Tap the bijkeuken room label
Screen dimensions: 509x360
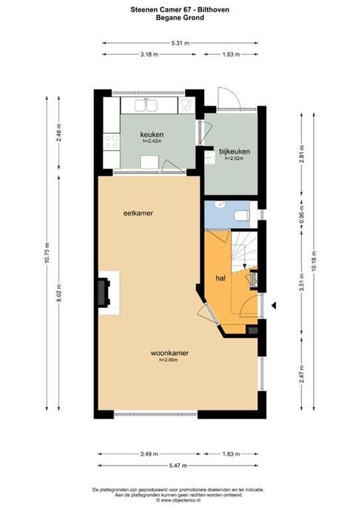tap(234, 152)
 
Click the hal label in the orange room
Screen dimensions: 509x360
tap(221, 279)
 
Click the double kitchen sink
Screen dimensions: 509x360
tap(146, 106)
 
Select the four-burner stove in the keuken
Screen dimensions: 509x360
tap(112, 141)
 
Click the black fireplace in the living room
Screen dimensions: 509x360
tap(103, 292)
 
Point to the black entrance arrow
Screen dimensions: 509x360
tap(273, 306)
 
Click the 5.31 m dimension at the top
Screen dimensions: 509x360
tap(180, 43)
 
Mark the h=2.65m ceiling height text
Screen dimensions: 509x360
tap(168, 360)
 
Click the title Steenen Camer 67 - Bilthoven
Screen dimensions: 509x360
tap(180, 9)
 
